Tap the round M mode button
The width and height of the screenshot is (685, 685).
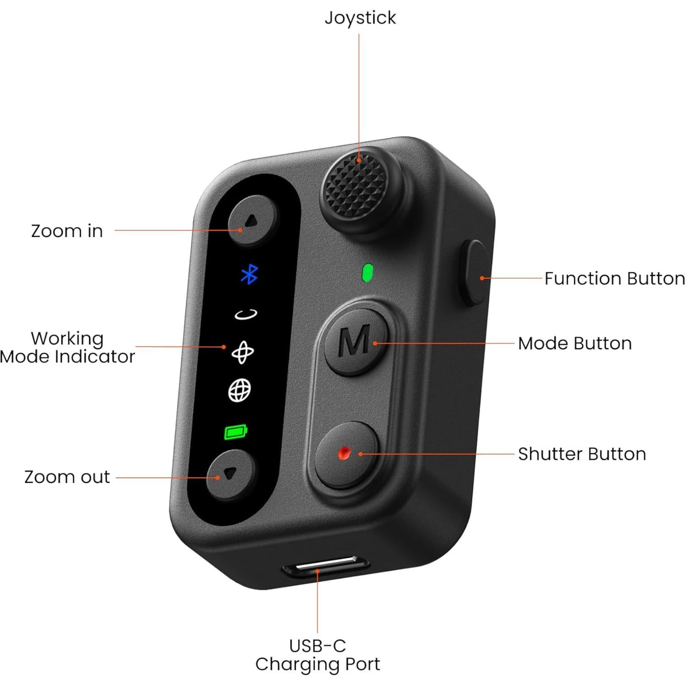coord(355,342)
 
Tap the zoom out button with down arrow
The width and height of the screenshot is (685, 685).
coord(230,475)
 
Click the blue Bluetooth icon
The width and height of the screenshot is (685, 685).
coord(249,274)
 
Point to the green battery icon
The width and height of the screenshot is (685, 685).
coord(236,431)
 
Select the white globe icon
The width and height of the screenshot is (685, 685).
coord(240,390)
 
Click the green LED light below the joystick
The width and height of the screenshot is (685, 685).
coord(367,273)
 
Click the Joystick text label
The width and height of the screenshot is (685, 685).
coord(360,18)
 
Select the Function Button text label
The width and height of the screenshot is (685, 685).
coord(614,278)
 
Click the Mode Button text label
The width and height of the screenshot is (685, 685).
coord(575,343)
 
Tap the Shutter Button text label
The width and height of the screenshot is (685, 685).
coord(582,454)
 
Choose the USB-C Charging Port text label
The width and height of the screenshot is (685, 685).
coord(318,655)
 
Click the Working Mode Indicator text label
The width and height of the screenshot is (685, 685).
coord(67,347)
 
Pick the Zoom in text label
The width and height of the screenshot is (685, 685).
coord(67,231)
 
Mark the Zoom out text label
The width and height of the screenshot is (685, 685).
coord(67,477)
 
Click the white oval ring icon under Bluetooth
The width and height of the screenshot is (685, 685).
coord(246,314)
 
